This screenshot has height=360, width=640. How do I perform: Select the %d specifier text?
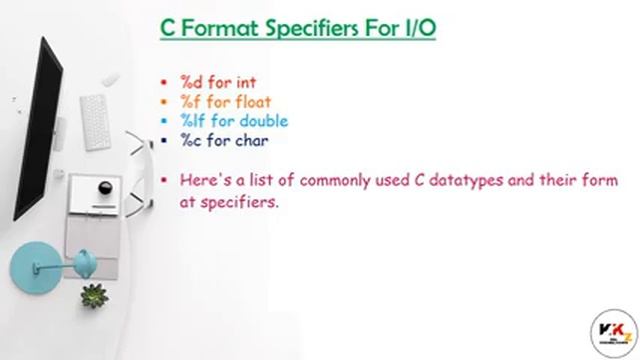click(191, 82)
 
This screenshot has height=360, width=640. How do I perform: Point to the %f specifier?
click(190, 101)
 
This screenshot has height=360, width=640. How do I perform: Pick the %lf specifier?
click(192, 121)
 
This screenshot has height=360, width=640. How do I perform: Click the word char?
click(243, 140)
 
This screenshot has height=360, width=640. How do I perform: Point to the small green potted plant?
click(95, 295)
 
